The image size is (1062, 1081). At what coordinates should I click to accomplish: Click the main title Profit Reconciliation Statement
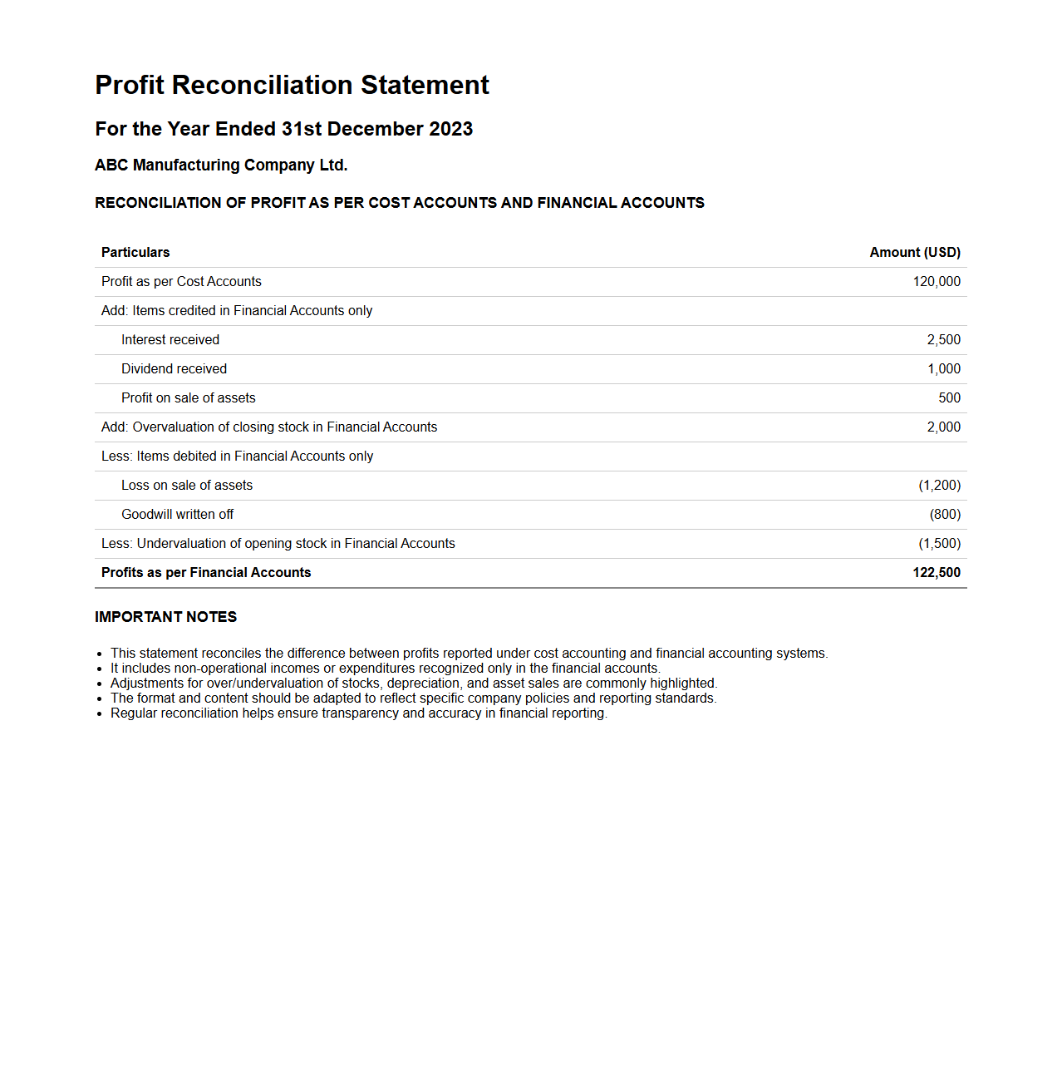(292, 85)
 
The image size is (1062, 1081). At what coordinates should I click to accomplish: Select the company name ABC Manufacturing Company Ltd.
(221, 165)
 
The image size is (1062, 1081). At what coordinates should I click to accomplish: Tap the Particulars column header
(135, 252)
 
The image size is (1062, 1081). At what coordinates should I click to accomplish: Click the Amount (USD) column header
(914, 252)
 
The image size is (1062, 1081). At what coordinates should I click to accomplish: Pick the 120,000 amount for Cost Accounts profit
(936, 281)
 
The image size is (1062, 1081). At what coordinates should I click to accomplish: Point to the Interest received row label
(170, 339)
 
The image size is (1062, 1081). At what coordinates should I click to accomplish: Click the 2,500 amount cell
(943, 339)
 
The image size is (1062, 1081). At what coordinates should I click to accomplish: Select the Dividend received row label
(174, 368)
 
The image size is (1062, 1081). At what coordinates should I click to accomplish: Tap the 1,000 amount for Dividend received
(943, 368)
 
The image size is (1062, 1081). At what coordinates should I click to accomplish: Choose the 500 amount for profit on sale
(949, 397)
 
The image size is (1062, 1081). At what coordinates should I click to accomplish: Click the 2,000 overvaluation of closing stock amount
(943, 427)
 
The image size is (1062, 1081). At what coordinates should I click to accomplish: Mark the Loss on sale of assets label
(187, 485)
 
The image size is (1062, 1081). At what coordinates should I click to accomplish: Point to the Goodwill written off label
(177, 514)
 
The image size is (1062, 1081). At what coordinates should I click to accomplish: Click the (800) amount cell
(945, 514)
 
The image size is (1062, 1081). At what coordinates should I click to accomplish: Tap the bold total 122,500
(936, 572)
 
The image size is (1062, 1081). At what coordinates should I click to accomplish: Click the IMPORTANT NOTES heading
(165, 617)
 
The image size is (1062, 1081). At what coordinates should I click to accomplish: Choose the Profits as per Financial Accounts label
(206, 572)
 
